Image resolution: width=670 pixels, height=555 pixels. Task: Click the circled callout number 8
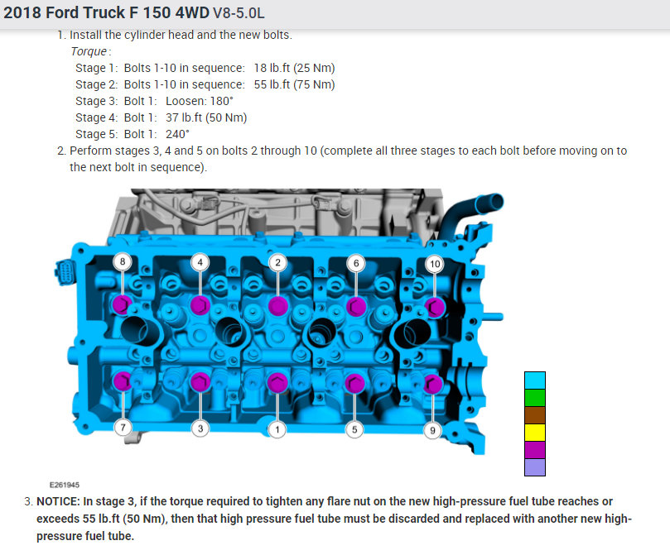pyautogui.click(x=123, y=261)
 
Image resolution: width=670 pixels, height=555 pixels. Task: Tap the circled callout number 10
pyautogui.click(x=435, y=264)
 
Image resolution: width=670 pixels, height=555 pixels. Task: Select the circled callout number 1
pyautogui.click(x=277, y=429)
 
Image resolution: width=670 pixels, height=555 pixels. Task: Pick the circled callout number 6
pyautogui.click(x=356, y=263)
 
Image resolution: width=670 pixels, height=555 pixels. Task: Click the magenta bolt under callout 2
pyautogui.click(x=278, y=306)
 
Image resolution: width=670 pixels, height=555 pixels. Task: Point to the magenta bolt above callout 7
pyautogui.click(x=123, y=381)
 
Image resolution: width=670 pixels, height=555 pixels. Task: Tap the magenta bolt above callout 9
pyautogui.click(x=432, y=385)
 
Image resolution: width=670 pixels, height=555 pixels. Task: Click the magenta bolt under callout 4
pyautogui.click(x=200, y=305)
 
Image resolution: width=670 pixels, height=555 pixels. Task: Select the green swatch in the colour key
pyautogui.click(x=534, y=398)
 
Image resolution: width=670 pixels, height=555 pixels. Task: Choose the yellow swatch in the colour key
pyautogui.click(x=534, y=433)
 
